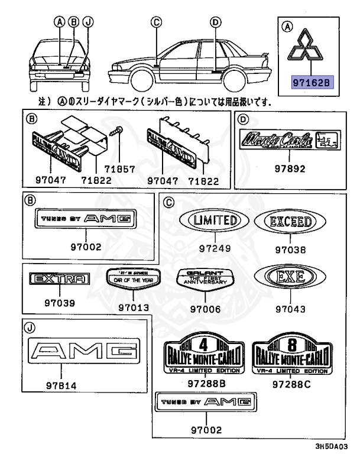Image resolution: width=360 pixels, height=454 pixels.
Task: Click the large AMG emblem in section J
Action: coord(85,354)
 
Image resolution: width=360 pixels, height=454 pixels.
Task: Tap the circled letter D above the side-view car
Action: coord(215,23)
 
